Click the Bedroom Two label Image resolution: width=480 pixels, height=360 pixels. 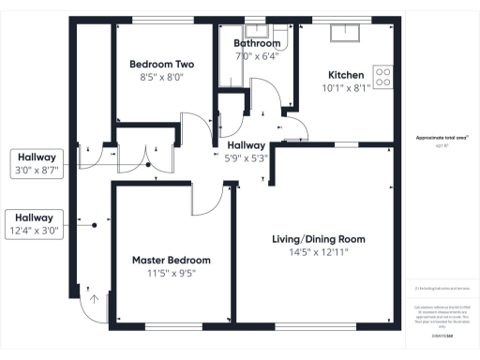coord(161,65)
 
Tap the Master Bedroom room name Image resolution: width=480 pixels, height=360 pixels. coord(171,260)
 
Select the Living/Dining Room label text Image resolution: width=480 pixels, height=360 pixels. coord(318,239)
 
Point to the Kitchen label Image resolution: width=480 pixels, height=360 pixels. coord(346,75)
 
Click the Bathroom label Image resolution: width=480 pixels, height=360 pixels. coord(257,43)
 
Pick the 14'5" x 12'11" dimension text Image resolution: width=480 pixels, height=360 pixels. coord(318,253)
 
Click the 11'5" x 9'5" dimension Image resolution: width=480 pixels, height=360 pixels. coord(171,274)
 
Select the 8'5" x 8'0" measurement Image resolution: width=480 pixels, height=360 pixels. coord(161,79)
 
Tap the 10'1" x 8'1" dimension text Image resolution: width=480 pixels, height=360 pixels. coord(346,89)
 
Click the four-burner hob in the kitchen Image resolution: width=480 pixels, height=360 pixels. coord(383,75)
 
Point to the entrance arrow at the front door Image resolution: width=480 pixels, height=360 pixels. coord(94,302)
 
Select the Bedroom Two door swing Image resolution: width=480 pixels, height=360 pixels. coord(195,130)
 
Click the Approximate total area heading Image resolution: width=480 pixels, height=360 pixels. coord(442,138)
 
